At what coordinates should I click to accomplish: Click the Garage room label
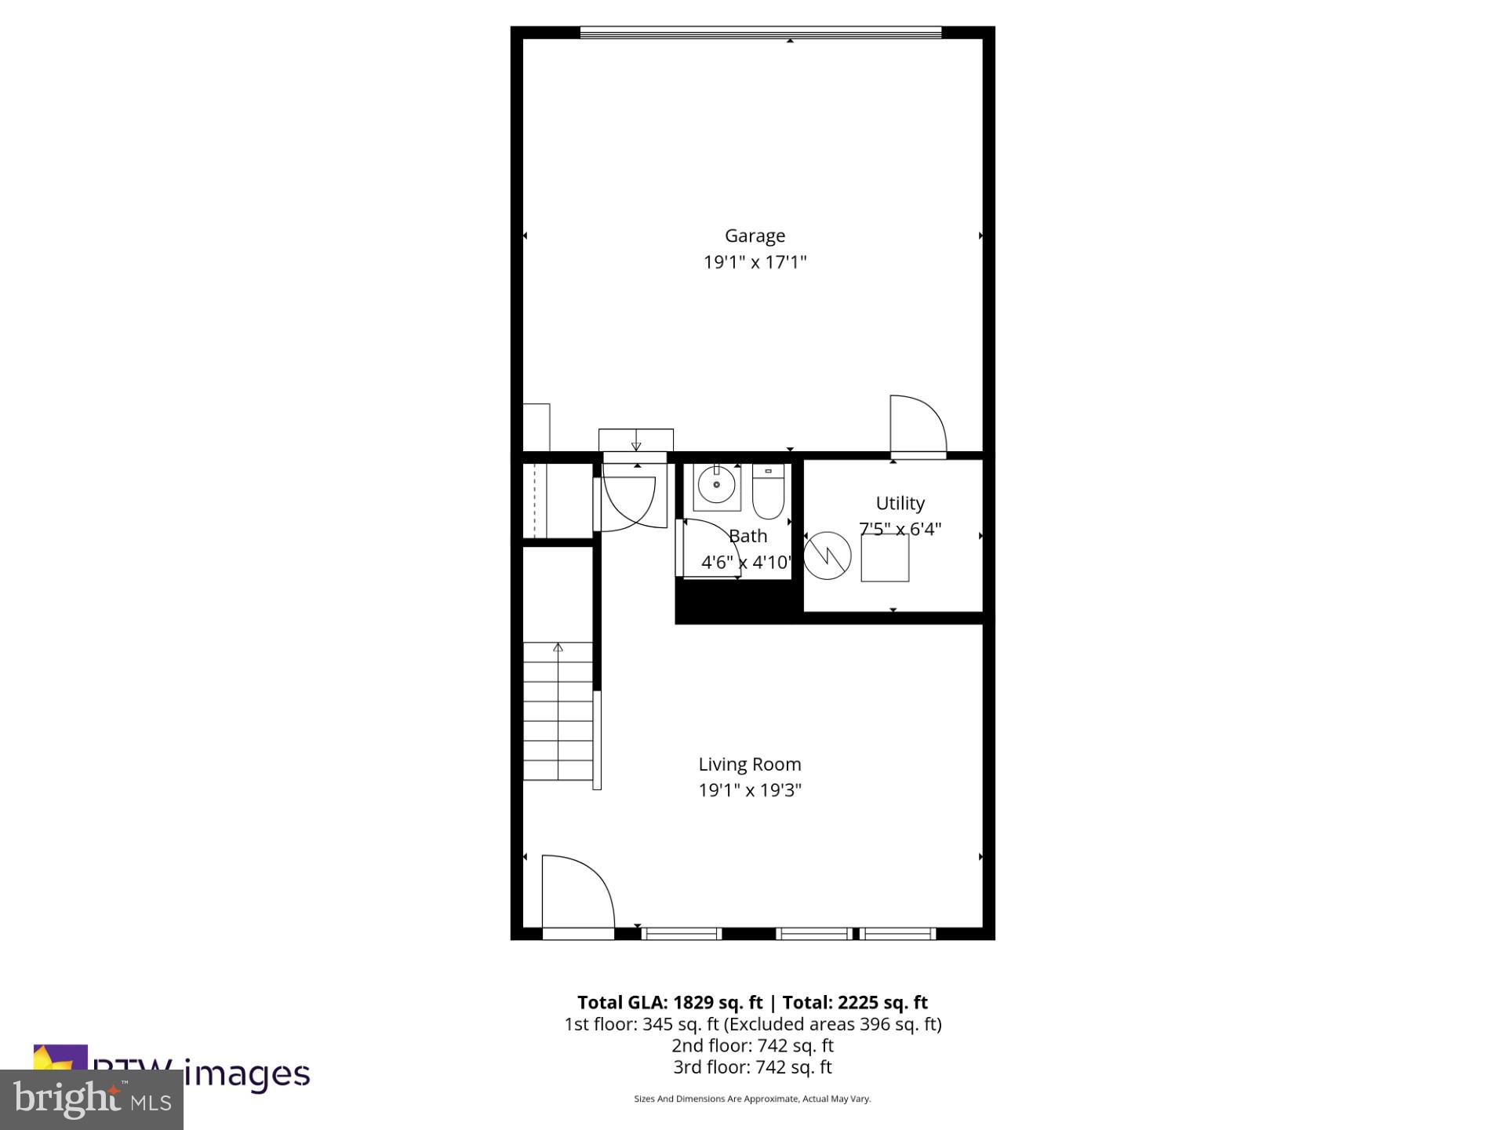755,235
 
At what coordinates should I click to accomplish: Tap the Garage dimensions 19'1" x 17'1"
755,262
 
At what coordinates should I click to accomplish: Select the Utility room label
900,503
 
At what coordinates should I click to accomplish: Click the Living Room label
750,764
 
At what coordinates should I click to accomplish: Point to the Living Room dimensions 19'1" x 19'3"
750,790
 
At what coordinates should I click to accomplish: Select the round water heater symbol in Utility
827,556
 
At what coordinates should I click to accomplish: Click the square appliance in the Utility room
885,558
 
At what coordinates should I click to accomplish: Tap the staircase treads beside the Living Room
558,714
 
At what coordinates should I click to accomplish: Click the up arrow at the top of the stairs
558,647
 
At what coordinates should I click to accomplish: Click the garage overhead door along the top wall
760,32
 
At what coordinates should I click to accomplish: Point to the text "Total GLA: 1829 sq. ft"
669,1002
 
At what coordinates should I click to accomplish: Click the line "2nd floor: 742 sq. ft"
752,1046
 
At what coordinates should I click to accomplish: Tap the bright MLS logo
91,1099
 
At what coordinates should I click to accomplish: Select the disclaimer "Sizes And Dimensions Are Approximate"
751,1099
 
